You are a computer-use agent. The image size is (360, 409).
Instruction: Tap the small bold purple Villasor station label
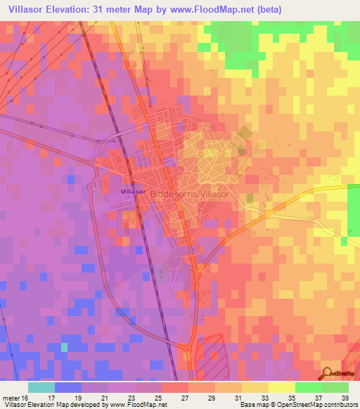pos(133,191)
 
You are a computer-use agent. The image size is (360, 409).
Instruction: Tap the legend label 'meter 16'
pos(15,396)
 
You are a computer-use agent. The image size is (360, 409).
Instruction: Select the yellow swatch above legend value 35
pos(281,387)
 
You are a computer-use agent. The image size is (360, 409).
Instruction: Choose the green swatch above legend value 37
pos(308,387)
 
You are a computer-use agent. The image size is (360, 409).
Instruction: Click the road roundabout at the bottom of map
pos(191,346)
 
